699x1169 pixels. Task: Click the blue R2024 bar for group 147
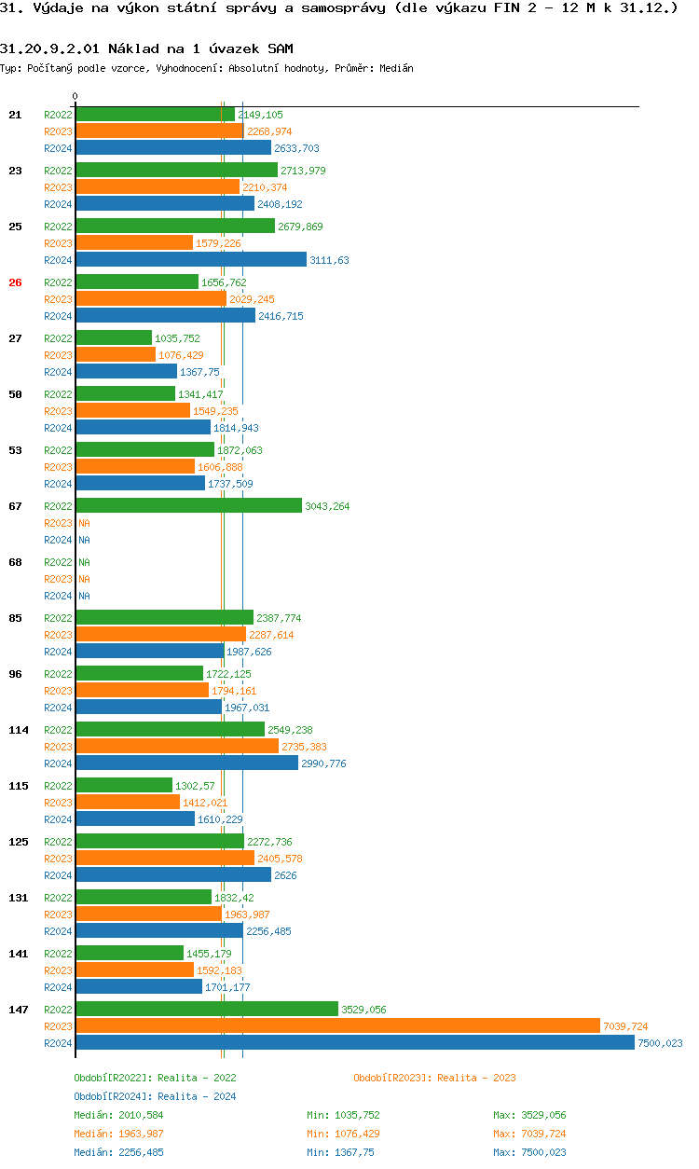pyautogui.click(x=354, y=1042)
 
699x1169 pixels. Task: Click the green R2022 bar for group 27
pyautogui.click(x=113, y=337)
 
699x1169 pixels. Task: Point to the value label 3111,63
pyautogui.click(x=329, y=260)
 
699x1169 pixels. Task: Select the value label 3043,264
pyautogui.click(x=327, y=506)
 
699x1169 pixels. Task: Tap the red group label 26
pyautogui.click(x=15, y=282)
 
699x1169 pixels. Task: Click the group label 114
pyautogui.click(x=19, y=730)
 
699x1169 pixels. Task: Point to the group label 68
pyautogui.click(x=15, y=562)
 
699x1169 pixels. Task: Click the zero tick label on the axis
pyautogui.click(x=75, y=97)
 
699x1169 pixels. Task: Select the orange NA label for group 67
pyautogui.click(x=84, y=523)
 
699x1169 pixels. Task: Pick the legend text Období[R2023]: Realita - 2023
pyautogui.click(x=434, y=1078)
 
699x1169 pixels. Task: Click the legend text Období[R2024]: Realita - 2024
pyautogui.click(x=155, y=1096)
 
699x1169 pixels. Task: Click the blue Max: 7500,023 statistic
pyautogui.click(x=529, y=1152)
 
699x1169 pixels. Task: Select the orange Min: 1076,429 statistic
pyautogui.click(x=343, y=1134)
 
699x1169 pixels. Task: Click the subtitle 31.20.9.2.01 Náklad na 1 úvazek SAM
pyautogui.click(x=146, y=48)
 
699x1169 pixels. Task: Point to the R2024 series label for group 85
pyautogui.click(x=58, y=652)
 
